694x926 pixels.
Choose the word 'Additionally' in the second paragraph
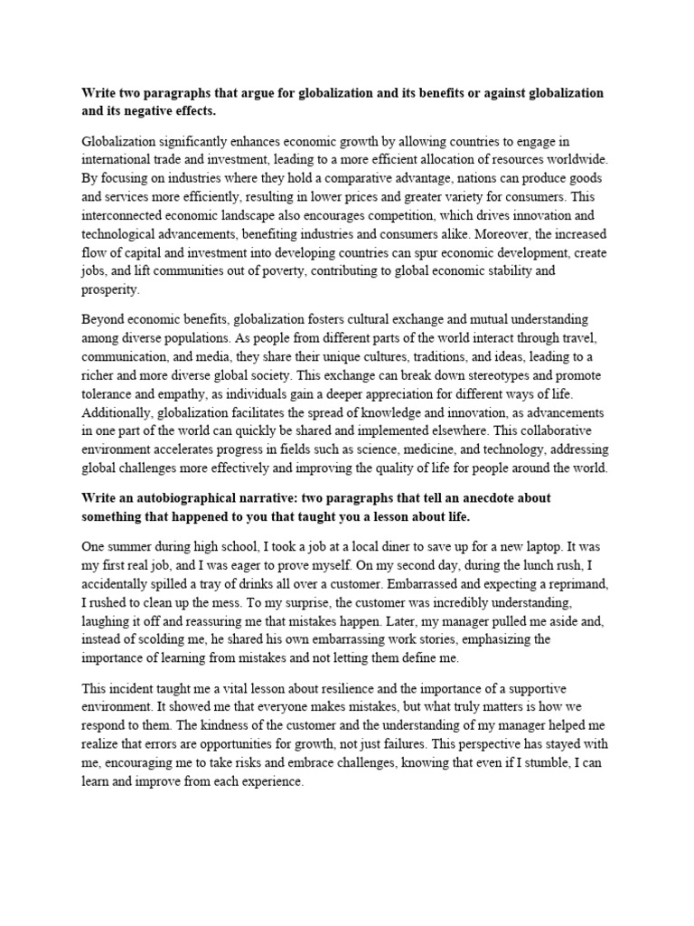[120, 411]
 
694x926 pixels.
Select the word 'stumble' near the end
[536, 764]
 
